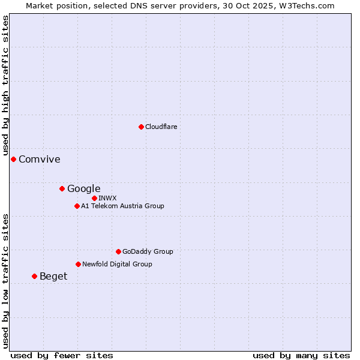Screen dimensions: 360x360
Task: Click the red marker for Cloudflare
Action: pyautogui.click(x=141, y=127)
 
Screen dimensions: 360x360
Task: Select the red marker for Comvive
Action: pyautogui.click(x=13, y=159)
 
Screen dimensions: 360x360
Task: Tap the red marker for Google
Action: pyautogui.click(x=62, y=188)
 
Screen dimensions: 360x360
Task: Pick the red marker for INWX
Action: pyautogui.click(x=94, y=198)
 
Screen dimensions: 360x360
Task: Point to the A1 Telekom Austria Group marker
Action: pyautogui.click(x=77, y=206)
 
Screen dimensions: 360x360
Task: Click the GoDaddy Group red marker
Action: pyautogui.click(x=118, y=251)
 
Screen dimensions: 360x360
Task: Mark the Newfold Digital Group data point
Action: pyautogui.click(x=78, y=264)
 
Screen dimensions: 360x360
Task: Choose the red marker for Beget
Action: pyautogui.click(x=34, y=276)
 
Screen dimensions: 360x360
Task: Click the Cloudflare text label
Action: pyautogui.click(x=161, y=127)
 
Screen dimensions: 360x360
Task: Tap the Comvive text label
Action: pyautogui.click(x=40, y=159)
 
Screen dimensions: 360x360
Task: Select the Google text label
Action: pyautogui.click(x=83, y=188)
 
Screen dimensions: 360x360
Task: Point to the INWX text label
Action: pyautogui.click(x=107, y=198)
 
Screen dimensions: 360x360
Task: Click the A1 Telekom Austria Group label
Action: pyautogui.click(x=122, y=206)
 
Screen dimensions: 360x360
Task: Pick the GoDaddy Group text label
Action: pyautogui.click(x=148, y=251)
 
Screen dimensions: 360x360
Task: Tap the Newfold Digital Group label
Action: pyautogui.click(x=117, y=264)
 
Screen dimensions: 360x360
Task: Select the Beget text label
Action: pyautogui.click(x=53, y=276)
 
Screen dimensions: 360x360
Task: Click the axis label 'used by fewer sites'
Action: pyautogui.click(x=62, y=355)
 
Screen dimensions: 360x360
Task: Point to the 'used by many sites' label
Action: pyautogui.click(x=301, y=355)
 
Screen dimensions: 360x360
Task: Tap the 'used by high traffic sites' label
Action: pyautogui.click(x=5, y=85)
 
